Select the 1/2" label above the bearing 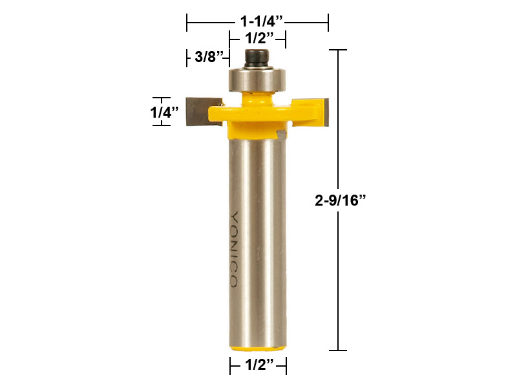click(257, 39)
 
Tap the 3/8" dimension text click(209, 57)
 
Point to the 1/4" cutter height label click(165, 111)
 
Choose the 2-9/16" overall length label click(341, 200)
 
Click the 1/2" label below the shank click(258, 366)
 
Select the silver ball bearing click(257, 80)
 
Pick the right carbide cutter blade click(319, 111)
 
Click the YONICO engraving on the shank click(234, 249)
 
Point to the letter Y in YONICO click(234, 217)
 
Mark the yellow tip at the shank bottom click(258, 348)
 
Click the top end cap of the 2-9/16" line click(339, 50)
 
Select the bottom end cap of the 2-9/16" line click(339, 350)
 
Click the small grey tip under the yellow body click(280, 133)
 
